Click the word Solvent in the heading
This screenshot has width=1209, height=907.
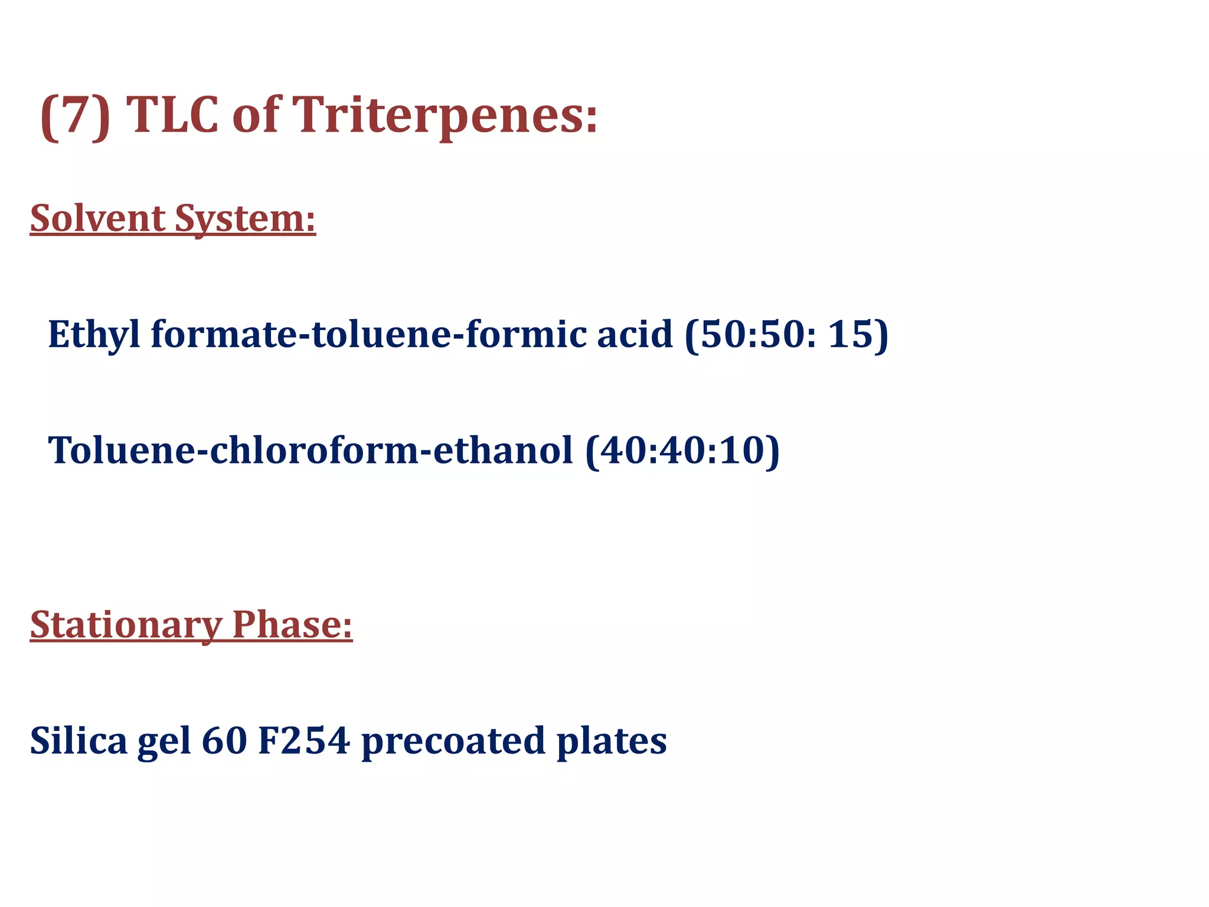97,218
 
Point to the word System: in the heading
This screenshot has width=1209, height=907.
245,219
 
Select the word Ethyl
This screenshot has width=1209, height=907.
94,335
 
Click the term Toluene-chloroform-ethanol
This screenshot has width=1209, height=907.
311,451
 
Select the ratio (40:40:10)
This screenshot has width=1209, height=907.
682,451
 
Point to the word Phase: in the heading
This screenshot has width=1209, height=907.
292,624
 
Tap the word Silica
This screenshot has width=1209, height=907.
79,740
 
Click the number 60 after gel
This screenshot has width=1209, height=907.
224,740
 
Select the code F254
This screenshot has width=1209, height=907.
305,740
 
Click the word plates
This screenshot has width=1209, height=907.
612,742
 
